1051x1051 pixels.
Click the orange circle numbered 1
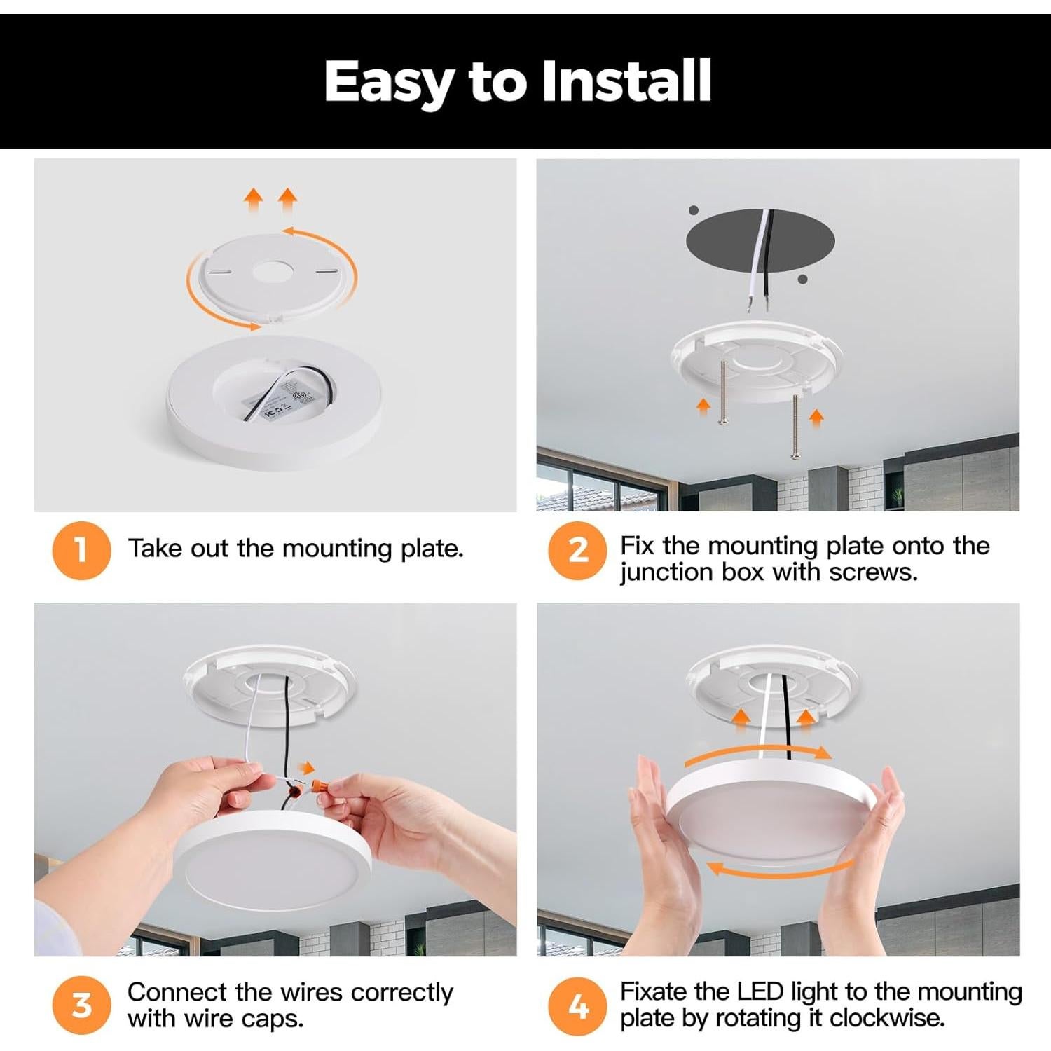coord(81,550)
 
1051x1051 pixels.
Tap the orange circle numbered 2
coord(577,550)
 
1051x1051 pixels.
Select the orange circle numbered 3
coord(81,1005)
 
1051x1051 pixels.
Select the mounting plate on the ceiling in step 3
coord(270,687)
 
